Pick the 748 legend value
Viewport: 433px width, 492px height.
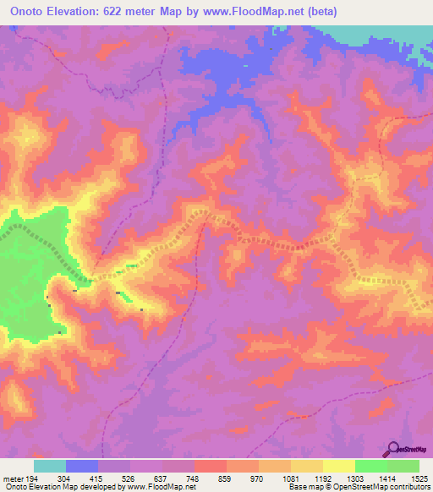[193, 478]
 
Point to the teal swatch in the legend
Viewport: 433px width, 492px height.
[50, 466]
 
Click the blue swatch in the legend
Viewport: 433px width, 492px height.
[82, 466]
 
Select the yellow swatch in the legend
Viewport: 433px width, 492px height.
[339, 466]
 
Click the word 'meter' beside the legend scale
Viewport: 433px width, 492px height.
[13, 478]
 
